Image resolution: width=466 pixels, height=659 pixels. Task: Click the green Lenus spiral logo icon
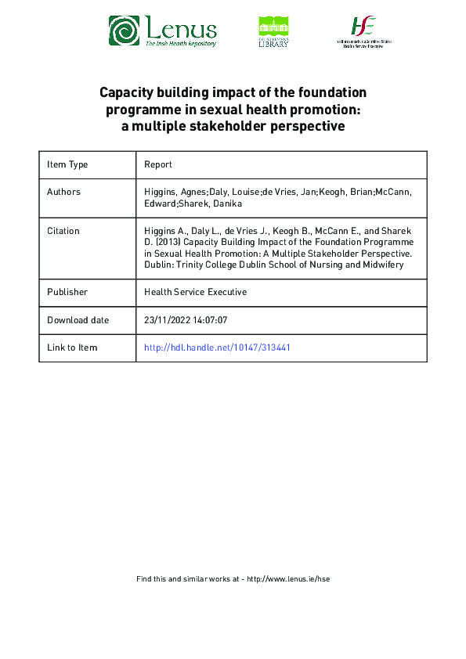tap(124, 31)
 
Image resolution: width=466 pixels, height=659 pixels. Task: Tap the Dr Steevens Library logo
tap(273, 32)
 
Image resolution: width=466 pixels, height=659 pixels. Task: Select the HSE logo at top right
tap(364, 31)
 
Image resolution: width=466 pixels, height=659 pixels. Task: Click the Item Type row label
tap(67, 164)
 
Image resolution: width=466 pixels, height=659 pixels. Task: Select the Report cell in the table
tap(158, 164)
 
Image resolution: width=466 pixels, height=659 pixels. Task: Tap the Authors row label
tap(63, 192)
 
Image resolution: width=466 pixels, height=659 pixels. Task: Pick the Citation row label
tap(63, 231)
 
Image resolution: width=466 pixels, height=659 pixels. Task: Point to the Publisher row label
tap(67, 292)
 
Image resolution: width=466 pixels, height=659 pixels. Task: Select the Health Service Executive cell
tap(195, 292)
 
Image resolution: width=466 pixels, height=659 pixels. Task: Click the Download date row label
tap(78, 320)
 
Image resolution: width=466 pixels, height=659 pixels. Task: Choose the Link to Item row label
tap(72, 348)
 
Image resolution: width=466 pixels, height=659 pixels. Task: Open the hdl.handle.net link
tap(217, 348)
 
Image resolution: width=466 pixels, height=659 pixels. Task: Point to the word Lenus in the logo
tap(180, 29)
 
